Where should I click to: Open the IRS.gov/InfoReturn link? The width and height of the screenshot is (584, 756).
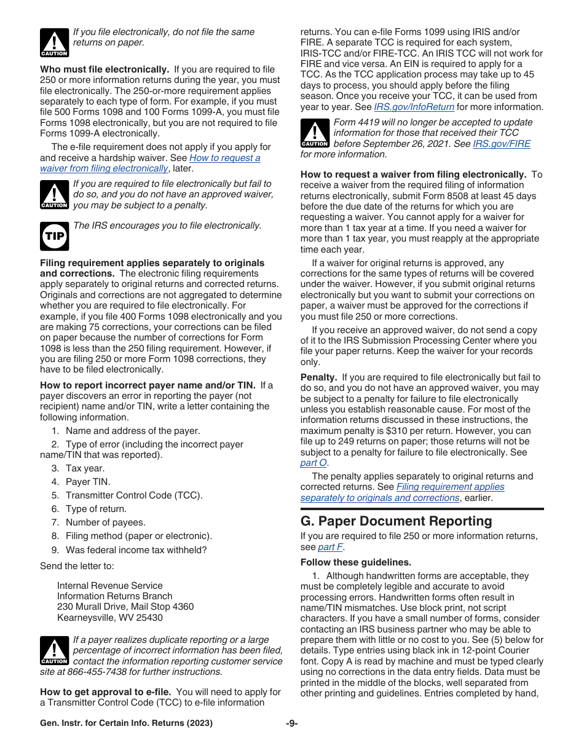414,107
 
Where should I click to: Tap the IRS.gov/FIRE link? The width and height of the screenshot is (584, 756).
501,144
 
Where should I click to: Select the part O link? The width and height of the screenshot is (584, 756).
314,463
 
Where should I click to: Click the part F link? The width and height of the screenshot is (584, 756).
331,547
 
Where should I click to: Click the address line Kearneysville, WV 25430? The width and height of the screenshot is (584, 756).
110,618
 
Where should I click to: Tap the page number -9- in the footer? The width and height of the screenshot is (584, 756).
291,723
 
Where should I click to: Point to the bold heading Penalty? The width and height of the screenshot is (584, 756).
318,377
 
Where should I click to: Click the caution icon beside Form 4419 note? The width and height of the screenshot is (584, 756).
314,133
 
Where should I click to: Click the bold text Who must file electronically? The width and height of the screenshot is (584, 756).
105,69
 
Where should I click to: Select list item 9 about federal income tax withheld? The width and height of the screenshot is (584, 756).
136,550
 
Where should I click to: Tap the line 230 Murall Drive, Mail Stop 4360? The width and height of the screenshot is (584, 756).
125,607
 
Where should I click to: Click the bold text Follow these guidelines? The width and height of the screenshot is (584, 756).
355,562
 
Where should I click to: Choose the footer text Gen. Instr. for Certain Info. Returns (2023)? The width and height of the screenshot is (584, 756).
126,723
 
